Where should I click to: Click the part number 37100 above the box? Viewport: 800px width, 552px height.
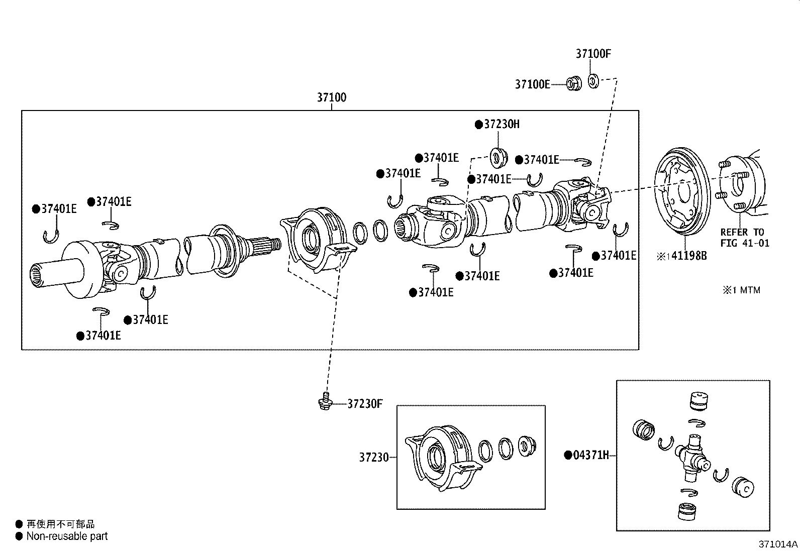tap(331, 97)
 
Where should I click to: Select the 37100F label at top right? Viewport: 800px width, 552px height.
tap(593, 54)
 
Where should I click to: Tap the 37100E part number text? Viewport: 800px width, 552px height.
tap(532, 84)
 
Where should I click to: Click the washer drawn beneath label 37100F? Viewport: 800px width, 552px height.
tap(593, 80)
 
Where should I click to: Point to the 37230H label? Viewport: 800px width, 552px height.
tap(501, 124)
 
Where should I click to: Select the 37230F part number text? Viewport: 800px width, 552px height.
tap(365, 404)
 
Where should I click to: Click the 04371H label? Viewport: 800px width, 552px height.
tap(590, 456)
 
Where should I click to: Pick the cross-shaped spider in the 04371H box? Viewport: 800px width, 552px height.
tap(693, 456)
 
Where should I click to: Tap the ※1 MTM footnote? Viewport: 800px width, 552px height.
tap(742, 290)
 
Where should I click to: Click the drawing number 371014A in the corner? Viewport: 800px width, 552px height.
tap(778, 544)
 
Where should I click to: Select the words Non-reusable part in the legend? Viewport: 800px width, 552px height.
tap(67, 536)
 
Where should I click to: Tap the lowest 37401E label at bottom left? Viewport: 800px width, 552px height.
tap(103, 336)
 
